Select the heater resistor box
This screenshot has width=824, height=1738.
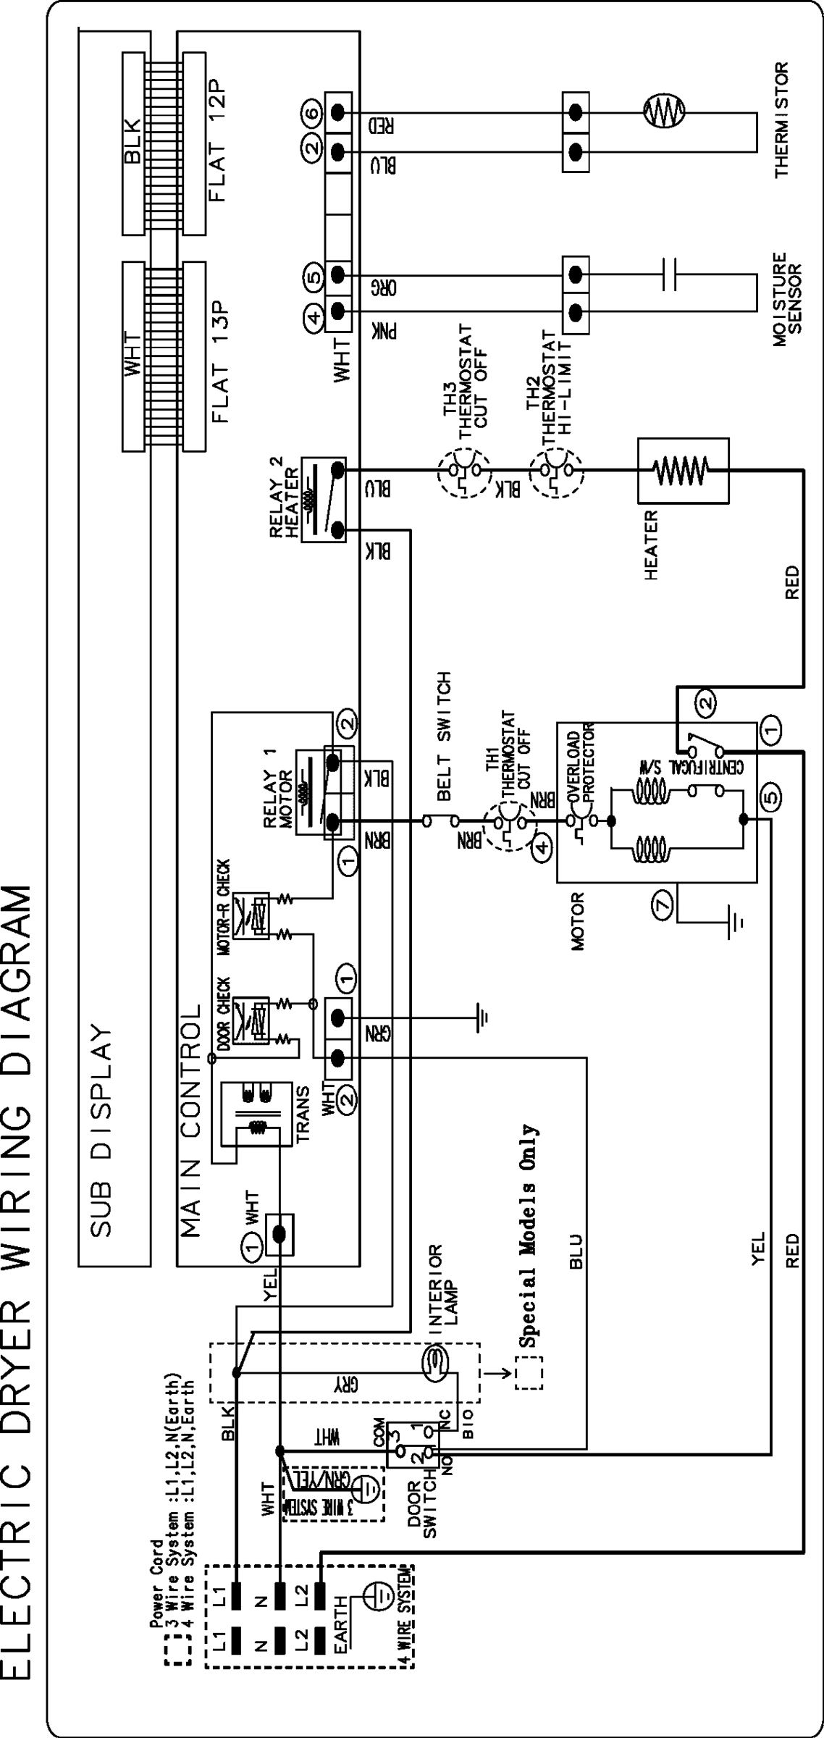(682, 470)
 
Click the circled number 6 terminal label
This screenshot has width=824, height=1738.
(310, 112)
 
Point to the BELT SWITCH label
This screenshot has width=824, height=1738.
(445, 735)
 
